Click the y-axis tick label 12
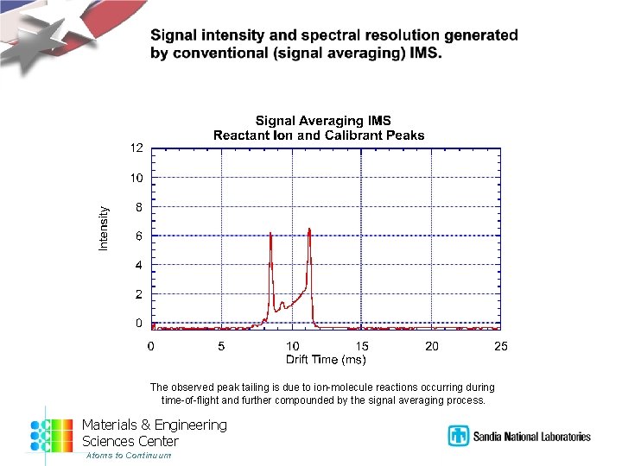(136, 148)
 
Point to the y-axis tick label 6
(139, 236)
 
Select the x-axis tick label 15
(362, 346)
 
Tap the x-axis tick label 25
(501, 346)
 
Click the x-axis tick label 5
(221, 346)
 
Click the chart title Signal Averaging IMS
(322, 122)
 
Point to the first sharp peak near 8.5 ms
(270, 234)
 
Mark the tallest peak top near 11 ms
(308, 230)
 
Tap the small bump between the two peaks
(282, 303)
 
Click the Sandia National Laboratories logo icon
(457, 436)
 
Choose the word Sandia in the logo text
(489, 437)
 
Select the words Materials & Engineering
(154, 425)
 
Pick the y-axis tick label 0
(139, 324)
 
